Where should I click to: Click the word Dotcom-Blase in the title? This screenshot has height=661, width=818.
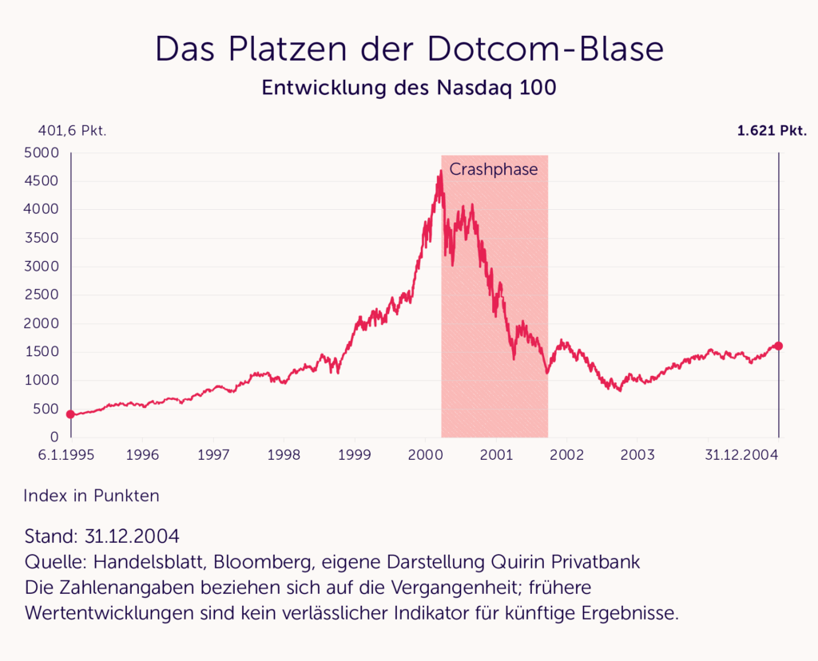[x=546, y=49]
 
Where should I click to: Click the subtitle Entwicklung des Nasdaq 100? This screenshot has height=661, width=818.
[x=409, y=88]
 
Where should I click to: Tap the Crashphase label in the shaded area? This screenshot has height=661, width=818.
[x=494, y=169]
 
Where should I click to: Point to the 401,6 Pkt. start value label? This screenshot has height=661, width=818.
[x=73, y=131]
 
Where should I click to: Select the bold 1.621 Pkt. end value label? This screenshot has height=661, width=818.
[x=772, y=131]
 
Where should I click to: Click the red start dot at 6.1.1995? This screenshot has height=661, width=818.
[x=71, y=414]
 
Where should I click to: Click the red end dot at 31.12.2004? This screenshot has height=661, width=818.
[x=779, y=346]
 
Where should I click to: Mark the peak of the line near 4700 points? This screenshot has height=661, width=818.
[x=440, y=171]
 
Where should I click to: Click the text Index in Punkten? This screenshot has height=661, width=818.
[x=92, y=496]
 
